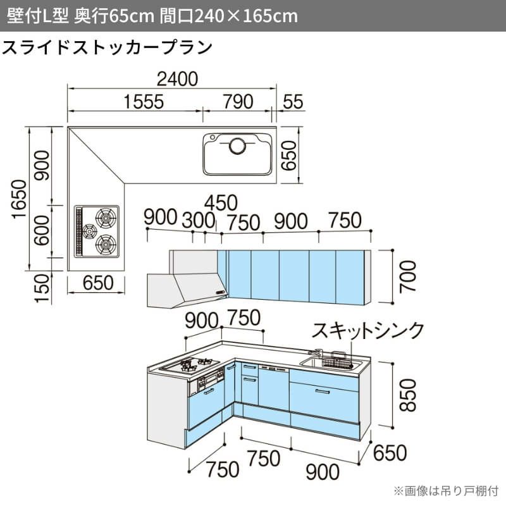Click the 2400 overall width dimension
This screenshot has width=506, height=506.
point(177,79)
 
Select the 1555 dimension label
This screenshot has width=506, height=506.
point(144,102)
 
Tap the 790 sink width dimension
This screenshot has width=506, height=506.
point(238,102)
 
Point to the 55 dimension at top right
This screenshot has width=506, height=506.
point(293,102)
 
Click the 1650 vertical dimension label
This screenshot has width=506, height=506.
point(19,199)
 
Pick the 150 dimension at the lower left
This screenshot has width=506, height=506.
point(42,288)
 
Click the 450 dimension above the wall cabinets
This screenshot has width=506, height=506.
point(221,203)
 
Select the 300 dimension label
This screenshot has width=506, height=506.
point(199,220)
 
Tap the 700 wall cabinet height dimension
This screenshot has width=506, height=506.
point(408,276)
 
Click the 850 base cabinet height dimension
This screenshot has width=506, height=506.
point(408,395)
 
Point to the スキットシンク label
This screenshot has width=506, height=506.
point(368,330)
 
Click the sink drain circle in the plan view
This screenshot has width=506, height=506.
point(237,146)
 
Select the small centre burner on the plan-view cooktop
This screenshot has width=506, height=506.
point(89,231)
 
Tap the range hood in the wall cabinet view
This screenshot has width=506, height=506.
point(187,290)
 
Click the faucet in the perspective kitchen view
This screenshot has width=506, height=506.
point(316,353)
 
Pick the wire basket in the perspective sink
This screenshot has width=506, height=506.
point(337,361)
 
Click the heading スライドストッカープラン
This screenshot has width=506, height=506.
point(107,48)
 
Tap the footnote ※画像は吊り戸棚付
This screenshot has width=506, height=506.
point(446,491)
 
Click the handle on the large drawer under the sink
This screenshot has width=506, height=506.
point(323,392)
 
